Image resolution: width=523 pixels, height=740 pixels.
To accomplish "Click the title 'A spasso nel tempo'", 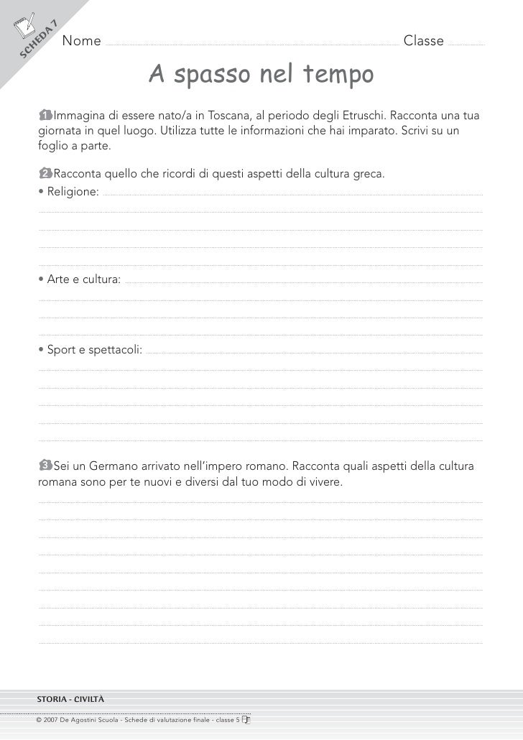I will coord(261,74).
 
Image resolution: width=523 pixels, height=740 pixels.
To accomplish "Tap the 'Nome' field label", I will coord(81,41).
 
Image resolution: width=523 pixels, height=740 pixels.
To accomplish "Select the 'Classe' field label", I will coord(423,41).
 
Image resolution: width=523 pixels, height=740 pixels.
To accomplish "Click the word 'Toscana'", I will coord(228,115).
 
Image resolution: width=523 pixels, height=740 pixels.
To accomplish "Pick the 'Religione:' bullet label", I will coord(70,191).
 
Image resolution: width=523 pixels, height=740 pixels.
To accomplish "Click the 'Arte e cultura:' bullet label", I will coord(80,279).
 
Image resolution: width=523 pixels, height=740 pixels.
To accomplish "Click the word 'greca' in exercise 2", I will coord(369,174).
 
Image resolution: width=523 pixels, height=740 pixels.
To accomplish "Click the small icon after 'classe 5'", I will coord(247,718).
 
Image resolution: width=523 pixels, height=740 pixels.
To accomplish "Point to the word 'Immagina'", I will coord(78,115).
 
